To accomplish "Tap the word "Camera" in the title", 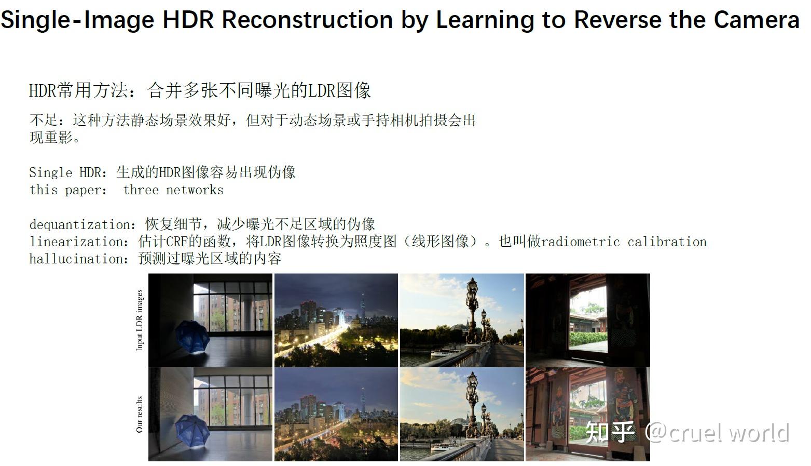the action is point(757,19).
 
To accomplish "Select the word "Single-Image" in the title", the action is point(77,20).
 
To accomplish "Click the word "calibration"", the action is point(667,242).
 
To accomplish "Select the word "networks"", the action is point(195,190).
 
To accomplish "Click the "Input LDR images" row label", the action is point(140,320).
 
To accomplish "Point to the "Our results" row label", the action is point(140,415).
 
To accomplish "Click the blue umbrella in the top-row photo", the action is point(193,337).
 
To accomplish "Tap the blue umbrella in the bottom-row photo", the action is point(193,431).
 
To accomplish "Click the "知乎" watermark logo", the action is point(610,432).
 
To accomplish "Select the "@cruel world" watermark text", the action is point(717,433).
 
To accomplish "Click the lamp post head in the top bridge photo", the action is point(472,289).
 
